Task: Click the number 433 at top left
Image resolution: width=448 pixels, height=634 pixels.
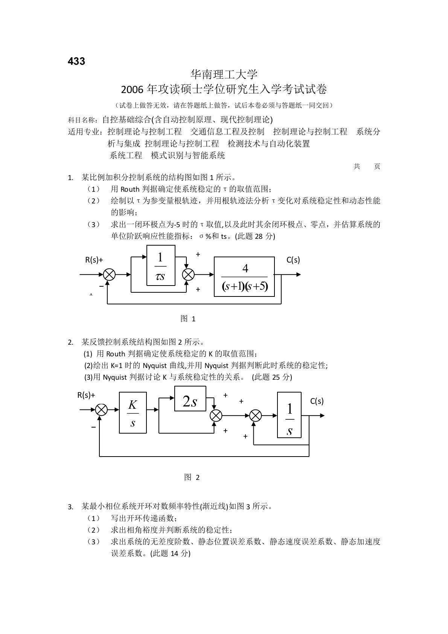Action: click(76, 61)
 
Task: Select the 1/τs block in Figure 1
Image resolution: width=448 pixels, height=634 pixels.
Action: click(161, 265)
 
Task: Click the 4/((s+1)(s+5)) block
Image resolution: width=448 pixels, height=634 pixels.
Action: click(244, 277)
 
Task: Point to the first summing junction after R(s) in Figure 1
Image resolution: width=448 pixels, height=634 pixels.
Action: click(109, 275)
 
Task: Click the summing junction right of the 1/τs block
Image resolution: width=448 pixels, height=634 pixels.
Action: click(188, 275)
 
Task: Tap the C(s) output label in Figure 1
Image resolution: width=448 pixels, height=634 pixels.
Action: click(293, 260)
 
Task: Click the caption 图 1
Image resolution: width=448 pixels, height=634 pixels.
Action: click(188, 319)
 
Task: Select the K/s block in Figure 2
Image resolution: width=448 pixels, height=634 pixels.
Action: click(133, 413)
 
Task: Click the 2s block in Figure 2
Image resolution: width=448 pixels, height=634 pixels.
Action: click(190, 399)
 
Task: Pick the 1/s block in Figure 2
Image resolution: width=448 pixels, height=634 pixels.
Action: click(289, 415)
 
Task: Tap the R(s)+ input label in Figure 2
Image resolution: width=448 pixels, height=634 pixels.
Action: click(86, 395)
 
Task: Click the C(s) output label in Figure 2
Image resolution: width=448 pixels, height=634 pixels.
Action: click(317, 401)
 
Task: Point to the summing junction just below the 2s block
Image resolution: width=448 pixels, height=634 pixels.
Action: click(216, 416)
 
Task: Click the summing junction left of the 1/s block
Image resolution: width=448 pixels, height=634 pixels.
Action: click(256, 416)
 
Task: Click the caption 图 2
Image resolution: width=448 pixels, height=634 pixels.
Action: click(192, 478)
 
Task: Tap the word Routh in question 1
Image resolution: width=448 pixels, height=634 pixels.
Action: click(130, 189)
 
